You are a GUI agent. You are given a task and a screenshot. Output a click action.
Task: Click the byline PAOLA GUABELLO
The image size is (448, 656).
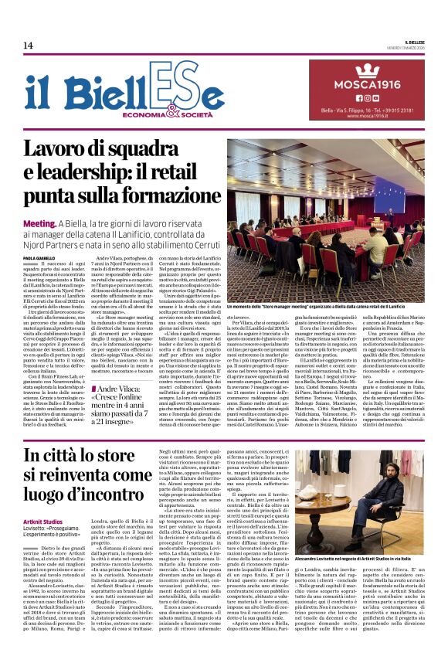(x=39, y=257)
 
